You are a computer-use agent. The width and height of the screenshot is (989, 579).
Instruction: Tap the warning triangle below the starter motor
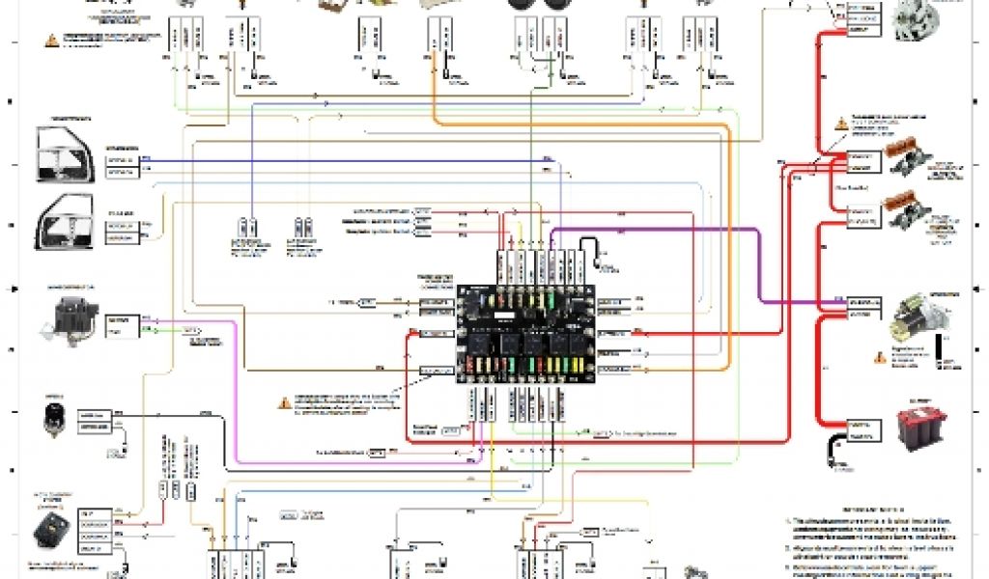click(x=879, y=356)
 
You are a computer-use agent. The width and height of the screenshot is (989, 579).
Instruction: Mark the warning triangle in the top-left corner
click(x=50, y=41)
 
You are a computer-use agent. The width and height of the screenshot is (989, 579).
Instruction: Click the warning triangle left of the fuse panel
click(x=285, y=401)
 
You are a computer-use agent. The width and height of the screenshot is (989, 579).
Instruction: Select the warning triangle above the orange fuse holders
click(x=842, y=123)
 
